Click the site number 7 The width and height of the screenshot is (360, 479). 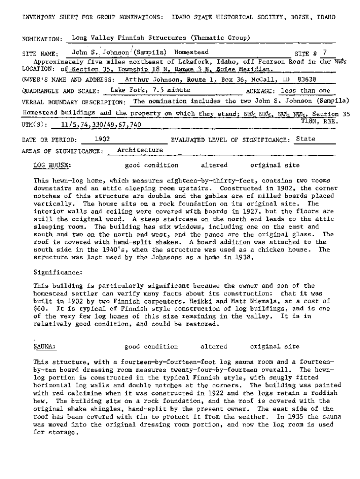click(325, 52)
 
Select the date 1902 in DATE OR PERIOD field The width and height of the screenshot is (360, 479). click(102, 139)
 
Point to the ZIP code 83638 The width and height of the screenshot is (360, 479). click(307, 79)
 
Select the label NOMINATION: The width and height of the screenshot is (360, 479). click(42, 39)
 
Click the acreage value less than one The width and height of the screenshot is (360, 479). click(305, 91)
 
